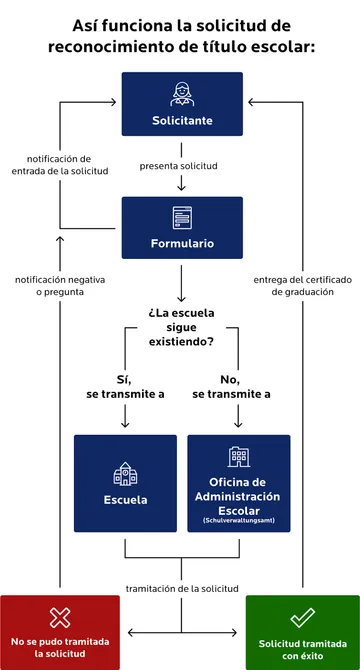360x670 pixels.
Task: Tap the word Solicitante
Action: [182, 121]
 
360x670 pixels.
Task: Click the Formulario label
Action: [182, 243]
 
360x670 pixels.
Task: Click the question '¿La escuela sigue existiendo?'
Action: [181, 328]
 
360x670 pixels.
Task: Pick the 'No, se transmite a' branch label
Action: [231, 387]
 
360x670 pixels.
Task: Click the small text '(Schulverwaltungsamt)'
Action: [238, 521]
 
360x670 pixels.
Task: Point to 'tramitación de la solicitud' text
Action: [181, 589]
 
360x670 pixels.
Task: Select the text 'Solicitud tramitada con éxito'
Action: [302, 650]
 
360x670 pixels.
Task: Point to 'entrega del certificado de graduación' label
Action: [302, 285]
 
